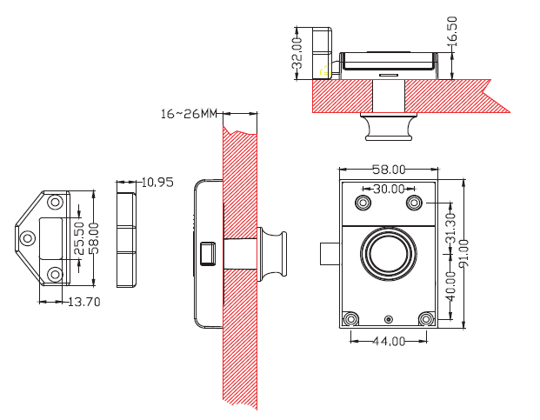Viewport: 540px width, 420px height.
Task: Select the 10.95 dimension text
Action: [x=157, y=183]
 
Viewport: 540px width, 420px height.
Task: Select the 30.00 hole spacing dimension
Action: [x=389, y=189]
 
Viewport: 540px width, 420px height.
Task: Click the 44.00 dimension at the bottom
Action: [x=388, y=341]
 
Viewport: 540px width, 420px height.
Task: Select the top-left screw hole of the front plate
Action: [x=362, y=203]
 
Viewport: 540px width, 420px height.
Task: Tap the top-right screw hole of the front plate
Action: [x=415, y=203]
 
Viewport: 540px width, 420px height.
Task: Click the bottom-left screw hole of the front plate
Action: [x=351, y=318]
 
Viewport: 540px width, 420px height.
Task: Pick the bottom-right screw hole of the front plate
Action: [x=425, y=318]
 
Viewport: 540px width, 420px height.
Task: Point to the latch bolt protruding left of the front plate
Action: [x=328, y=254]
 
